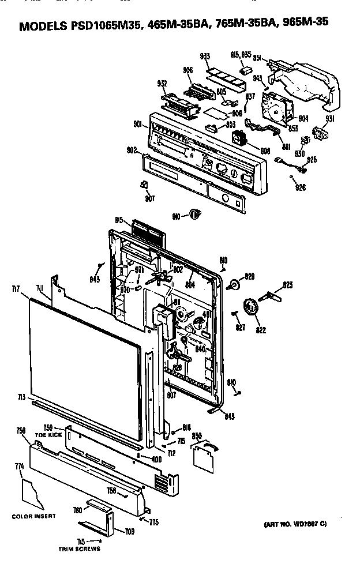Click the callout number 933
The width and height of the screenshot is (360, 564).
point(205,56)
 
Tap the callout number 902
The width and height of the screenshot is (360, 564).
point(132,150)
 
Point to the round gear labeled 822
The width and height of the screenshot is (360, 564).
point(250,307)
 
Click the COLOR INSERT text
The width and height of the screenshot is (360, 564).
point(34,516)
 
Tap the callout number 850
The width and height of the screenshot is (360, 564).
point(197,435)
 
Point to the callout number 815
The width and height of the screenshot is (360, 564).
point(120,220)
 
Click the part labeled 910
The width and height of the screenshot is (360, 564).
point(195,215)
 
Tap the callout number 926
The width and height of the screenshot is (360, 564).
point(301,187)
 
